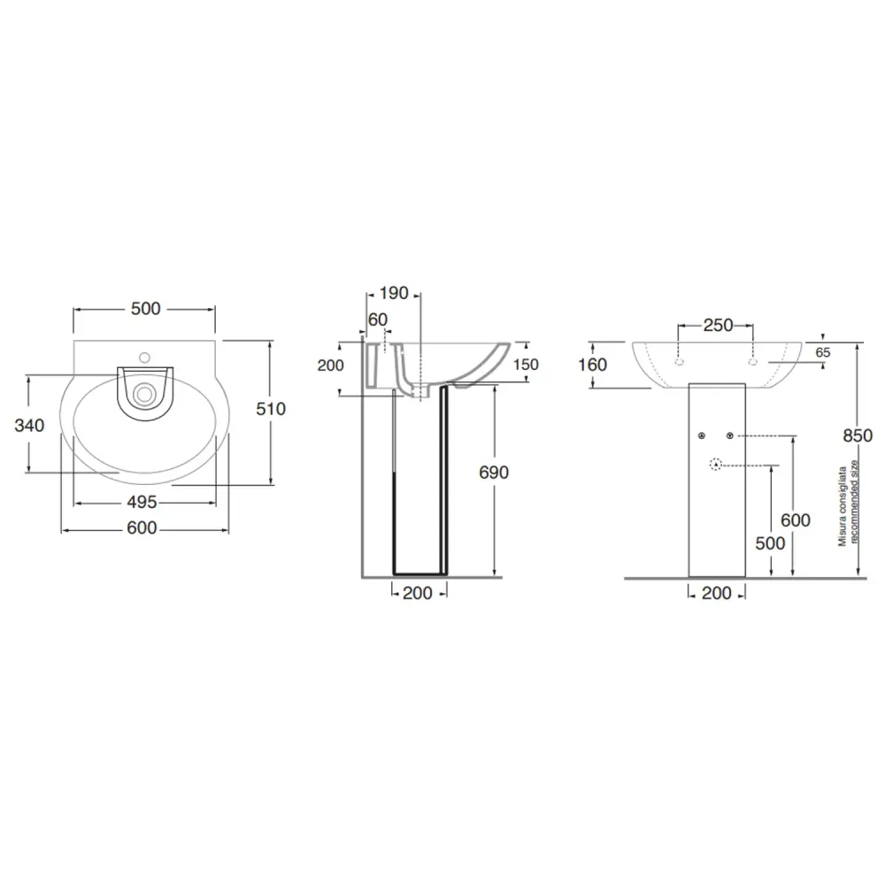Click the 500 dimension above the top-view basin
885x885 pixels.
pos(146,309)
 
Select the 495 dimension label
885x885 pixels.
pos(142,503)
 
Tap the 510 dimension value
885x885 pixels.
pos(271,409)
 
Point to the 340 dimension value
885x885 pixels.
pos(29,425)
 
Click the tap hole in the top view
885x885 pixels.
pos(145,358)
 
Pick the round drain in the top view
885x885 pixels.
pos(145,394)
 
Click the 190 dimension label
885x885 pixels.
pos(394,294)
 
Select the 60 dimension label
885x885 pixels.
pos(378,319)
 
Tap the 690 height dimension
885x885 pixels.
pos(494,473)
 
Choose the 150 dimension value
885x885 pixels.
pos(526,365)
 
